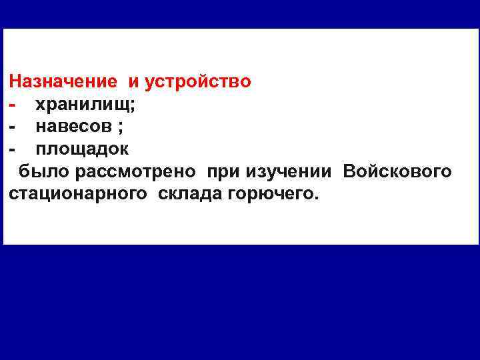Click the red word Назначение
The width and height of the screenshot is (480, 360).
(63, 83)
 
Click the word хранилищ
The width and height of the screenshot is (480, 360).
(83, 105)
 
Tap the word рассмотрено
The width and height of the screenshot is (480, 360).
(135, 171)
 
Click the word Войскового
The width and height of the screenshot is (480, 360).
(397, 171)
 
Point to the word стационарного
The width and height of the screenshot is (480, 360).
(79, 193)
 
